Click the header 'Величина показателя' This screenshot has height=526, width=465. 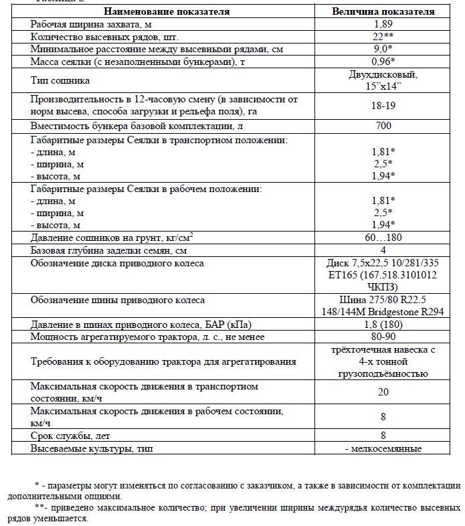click(x=383, y=11)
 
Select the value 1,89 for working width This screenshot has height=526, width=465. click(x=383, y=24)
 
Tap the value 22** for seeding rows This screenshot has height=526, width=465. click(x=383, y=37)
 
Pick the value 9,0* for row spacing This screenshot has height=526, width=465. click(x=383, y=50)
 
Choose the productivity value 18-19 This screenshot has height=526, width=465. click(x=383, y=106)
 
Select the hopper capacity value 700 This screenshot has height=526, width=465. click(x=383, y=126)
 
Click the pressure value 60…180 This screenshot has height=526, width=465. click(x=383, y=238)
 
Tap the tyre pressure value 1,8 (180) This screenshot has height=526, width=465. click(x=383, y=325)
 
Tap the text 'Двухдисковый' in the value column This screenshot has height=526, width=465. click(x=383, y=75)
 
